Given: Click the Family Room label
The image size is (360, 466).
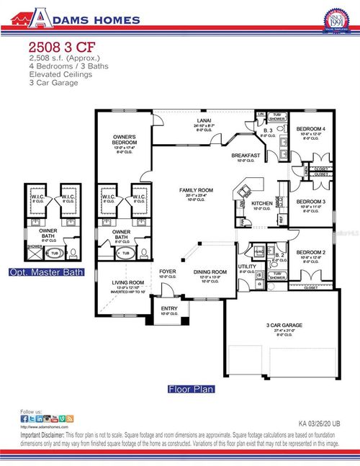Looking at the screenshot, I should (194, 190).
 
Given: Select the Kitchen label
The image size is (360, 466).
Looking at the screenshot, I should (262, 204).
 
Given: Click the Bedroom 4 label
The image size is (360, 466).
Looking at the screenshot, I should (311, 129).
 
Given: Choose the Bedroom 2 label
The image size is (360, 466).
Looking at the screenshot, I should (311, 253).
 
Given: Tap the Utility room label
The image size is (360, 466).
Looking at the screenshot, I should (247, 267).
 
